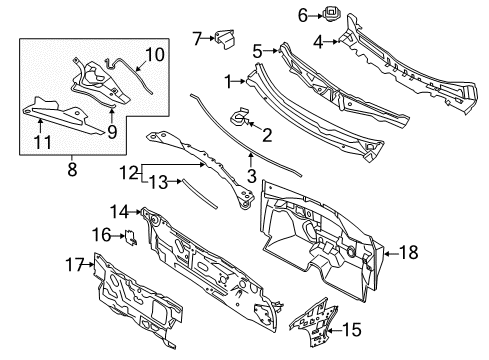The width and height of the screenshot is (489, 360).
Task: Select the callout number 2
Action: click(266, 134)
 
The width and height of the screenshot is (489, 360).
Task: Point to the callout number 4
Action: click(318, 42)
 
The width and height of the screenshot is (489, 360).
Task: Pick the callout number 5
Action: click(258, 50)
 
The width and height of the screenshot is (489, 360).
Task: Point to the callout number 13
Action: click(154, 183)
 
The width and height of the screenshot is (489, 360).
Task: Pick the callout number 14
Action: click(118, 211)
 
